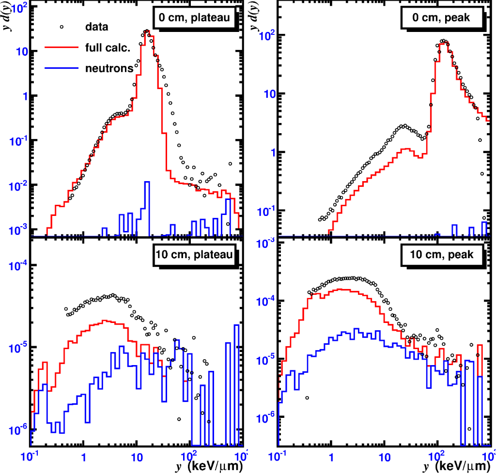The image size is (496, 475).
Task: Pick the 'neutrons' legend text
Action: click(109, 68)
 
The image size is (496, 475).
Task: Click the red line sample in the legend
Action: click(61, 47)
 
